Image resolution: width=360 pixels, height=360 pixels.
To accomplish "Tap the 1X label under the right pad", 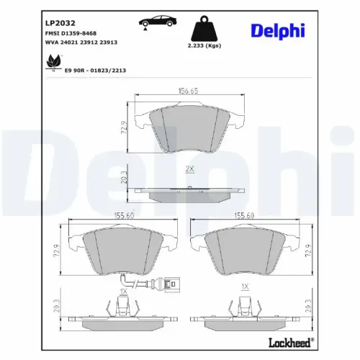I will pos(245,287).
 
